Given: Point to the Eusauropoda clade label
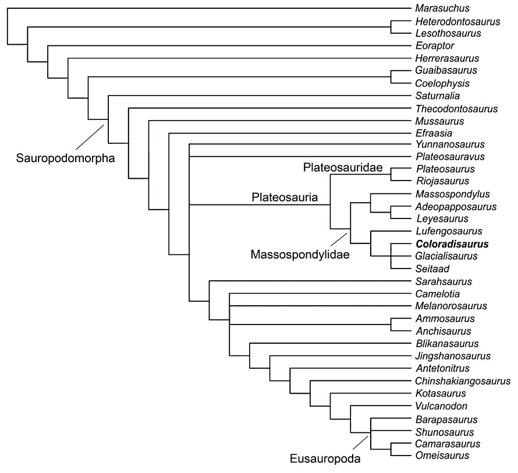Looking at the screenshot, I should pos(325,458).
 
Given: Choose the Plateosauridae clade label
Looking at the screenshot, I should pos(343,168).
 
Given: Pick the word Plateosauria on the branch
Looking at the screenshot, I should pos(285,198).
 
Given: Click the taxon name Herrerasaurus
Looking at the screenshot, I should pos(447,58).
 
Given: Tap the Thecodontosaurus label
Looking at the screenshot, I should pos(456,109).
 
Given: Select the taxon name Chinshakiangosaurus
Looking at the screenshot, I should pos(463,381).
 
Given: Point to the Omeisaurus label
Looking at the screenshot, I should pos(442,455).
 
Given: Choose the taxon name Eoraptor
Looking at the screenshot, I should pos(435,45).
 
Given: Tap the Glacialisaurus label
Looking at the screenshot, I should pos(446,256).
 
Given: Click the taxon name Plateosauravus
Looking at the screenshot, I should pos(450,157).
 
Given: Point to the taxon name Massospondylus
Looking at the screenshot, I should pos(453,193).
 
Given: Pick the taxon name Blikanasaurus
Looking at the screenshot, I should pos(446,344).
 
